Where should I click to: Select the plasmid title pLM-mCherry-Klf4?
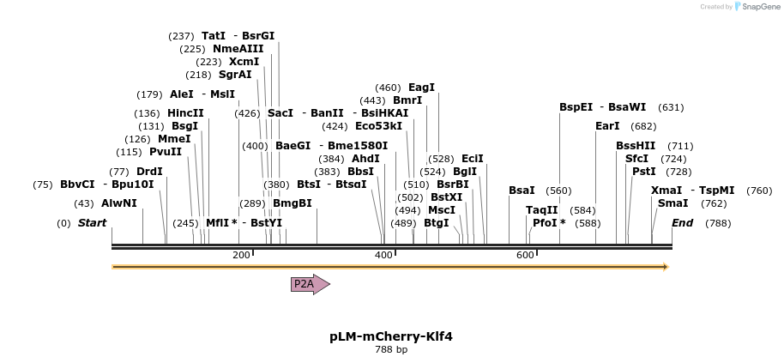(x=390, y=336)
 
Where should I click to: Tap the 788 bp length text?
(x=390, y=350)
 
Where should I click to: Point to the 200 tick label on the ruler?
(x=241, y=255)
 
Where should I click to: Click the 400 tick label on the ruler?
(x=383, y=255)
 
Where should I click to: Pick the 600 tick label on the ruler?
(x=525, y=255)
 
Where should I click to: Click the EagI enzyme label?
(x=421, y=88)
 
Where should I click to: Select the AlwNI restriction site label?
(x=118, y=203)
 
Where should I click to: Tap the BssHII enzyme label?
(x=635, y=146)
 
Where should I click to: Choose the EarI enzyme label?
(x=606, y=126)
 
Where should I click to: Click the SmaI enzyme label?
(x=672, y=203)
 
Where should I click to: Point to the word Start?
(x=92, y=223)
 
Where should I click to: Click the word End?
(x=682, y=223)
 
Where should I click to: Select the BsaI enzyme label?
(x=522, y=191)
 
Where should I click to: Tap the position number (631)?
(x=671, y=107)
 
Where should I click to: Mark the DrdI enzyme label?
(x=149, y=172)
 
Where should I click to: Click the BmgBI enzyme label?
(x=292, y=203)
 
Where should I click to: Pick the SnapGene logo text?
(x=756, y=7)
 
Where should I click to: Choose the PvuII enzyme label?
(x=166, y=152)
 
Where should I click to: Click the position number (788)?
(x=718, y=223)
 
